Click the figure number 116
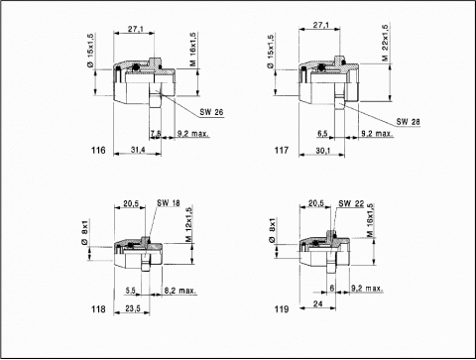(x=98, y=151)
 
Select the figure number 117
(x=282, y=151)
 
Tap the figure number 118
(x=98, y=309)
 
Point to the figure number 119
(x=282, y=309)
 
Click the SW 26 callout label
(x=211, y=112)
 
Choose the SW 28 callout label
(x=409, y=122)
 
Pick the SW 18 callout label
(x=169, y=202)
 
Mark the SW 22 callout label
(x=351, y=203)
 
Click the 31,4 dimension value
(x=138, y=150)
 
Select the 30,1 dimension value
(x=323, y=151)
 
